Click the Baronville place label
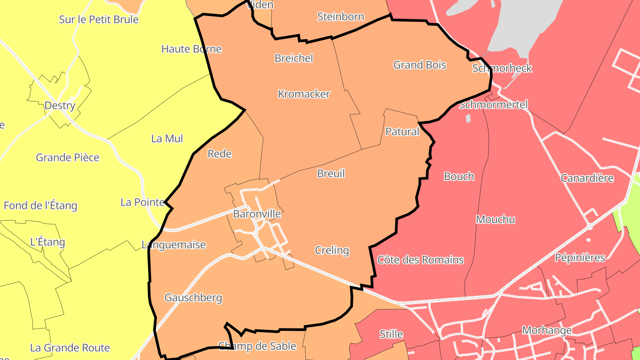(257, 214)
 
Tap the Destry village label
(60, 105)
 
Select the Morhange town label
(547, 330)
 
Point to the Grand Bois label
(420, 65)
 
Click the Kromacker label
(304, 94)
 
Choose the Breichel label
(294, 58)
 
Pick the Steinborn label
(340, 17)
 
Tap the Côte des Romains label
(420, 260)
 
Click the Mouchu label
(495, 219)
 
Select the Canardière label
(587, 178)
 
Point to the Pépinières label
(580, 257)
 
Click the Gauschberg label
(193, 297)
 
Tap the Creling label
(332, 250)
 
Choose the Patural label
(402, 132)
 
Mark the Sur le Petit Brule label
(99, 20)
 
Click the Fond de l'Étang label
(40, 205)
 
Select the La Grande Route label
(70, 348)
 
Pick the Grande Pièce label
(68, 157)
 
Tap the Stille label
(391, 334)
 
